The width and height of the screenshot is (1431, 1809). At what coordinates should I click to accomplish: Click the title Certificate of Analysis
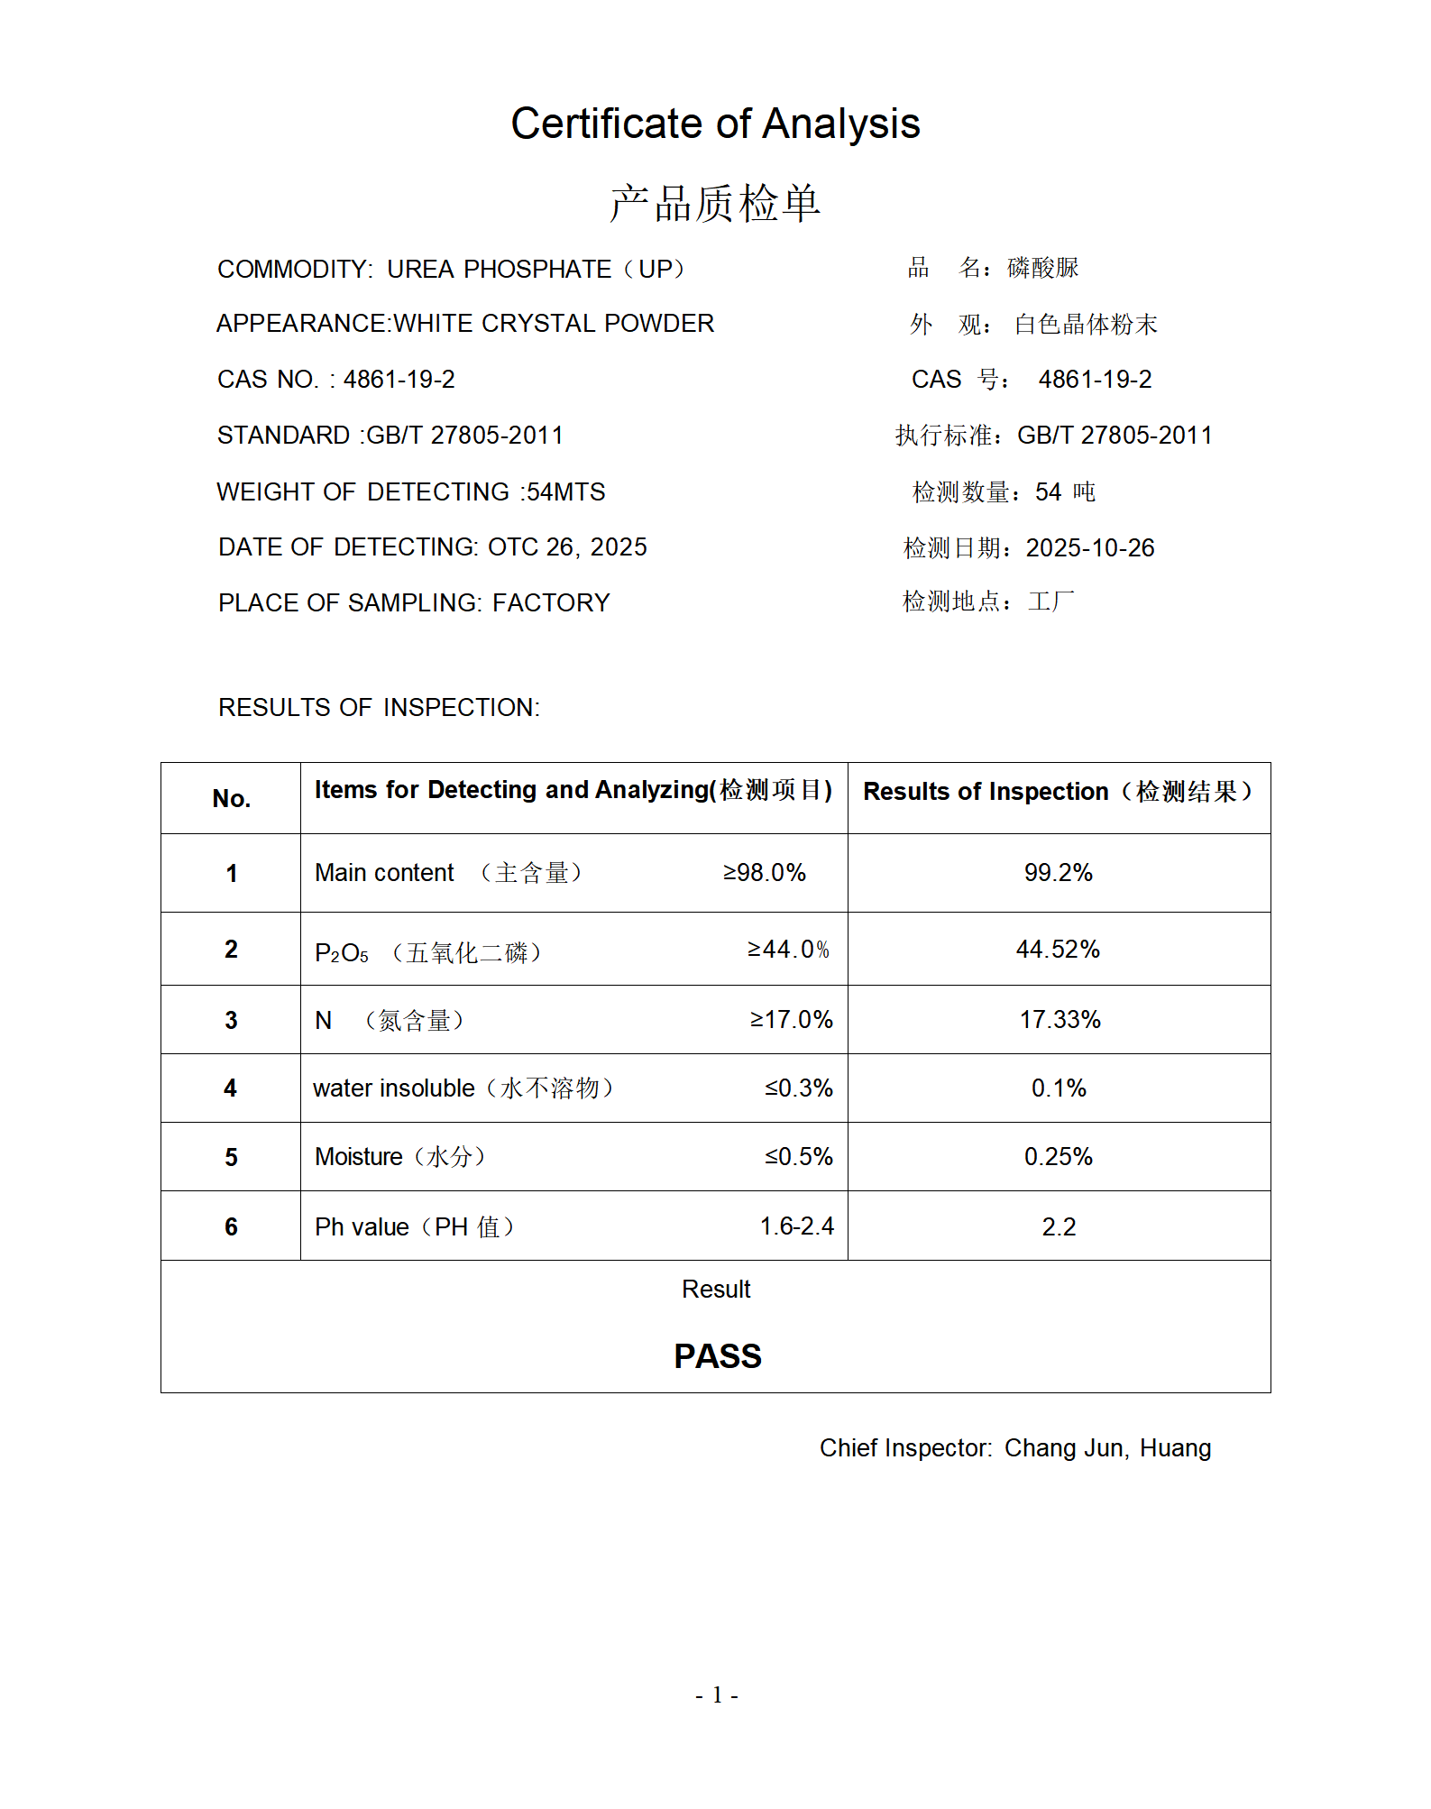(715, 124)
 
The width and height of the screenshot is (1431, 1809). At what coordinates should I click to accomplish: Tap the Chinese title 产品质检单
(715, 203)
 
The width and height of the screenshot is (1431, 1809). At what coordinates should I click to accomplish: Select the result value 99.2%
(1058, 873)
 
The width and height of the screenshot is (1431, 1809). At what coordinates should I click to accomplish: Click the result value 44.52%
(1058, 950)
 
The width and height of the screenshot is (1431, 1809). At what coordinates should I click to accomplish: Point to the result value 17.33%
(1059, 1020)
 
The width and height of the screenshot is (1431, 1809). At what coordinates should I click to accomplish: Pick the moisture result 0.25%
(1058, 1157)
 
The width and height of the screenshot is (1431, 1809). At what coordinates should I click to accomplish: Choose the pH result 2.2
(1059, 1227)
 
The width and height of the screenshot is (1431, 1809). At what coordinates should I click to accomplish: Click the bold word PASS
(717, 1356)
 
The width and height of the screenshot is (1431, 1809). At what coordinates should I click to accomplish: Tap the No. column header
(231, 799)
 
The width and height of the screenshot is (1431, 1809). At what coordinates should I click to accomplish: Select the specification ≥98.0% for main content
(764, 873)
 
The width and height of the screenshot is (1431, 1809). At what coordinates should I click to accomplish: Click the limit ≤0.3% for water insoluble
(798, 1088)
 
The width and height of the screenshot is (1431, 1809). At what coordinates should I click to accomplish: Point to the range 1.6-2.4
(796, 1226)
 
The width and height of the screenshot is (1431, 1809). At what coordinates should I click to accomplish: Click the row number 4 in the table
(231, 1088)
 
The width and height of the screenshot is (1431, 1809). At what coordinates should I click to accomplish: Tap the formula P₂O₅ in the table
(341, 953)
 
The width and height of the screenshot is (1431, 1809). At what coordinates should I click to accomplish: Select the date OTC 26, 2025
(567, 547)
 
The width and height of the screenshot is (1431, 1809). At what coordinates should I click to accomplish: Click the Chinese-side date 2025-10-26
(1089, 548)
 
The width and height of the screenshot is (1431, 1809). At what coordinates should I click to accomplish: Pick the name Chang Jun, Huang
(1107, 1448)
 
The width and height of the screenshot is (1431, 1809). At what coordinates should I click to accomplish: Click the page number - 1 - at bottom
(717, 1695)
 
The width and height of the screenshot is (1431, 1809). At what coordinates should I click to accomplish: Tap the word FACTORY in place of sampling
(551, 603)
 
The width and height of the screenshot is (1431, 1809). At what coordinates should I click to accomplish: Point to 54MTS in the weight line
(565, 492)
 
